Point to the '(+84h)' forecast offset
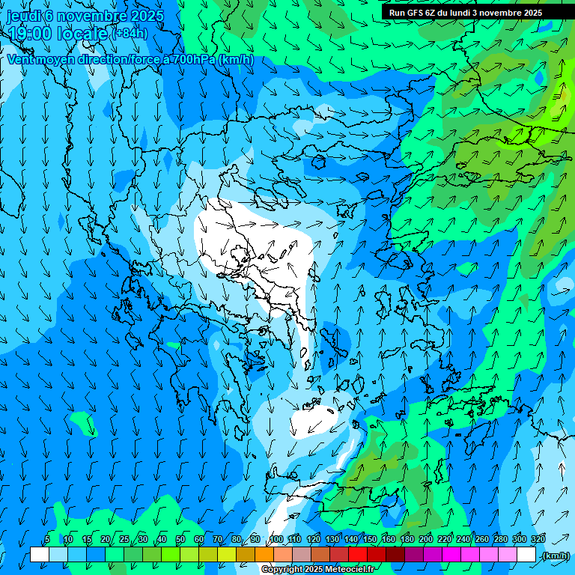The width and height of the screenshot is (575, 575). pyautogui.click(x=130, y=34)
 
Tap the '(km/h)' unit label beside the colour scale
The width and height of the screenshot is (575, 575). pyautogui.click(x=555, y=556)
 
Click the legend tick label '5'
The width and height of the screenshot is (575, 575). pyautogui.click(x=47, y=539)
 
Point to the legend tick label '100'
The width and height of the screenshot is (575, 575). pyautogui.click(x=276, y=539)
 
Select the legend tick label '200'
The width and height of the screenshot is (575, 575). pyautogui.click(x=426, y=539)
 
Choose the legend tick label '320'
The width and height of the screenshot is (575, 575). pyautogui.click(x=538, y=539)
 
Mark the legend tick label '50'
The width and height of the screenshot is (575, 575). pyautogui.click(x=180, y=539)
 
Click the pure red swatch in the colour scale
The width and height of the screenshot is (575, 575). pyautogui.click(x=358, y=555)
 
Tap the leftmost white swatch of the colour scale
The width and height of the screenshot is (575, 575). pyautogui.click(x=40, y=555)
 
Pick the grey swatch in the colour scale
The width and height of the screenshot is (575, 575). pyautogui.click(x=302, y=555)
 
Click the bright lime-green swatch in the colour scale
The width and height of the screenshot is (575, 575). pyautogui.click(x=171, y=555)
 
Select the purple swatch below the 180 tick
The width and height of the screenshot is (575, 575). pyautogui.click(x=414, y=555)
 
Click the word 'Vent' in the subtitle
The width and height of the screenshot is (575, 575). pyautogui.click(x=20, y=59)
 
